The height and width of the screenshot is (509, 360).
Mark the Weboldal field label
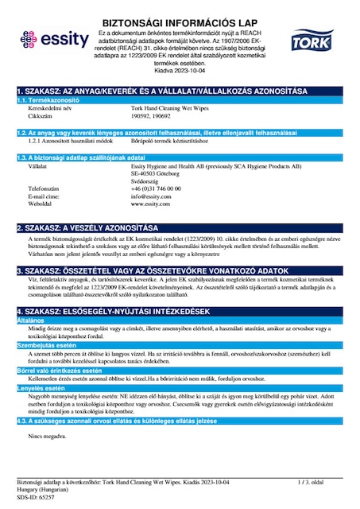[x=42, y=204]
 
